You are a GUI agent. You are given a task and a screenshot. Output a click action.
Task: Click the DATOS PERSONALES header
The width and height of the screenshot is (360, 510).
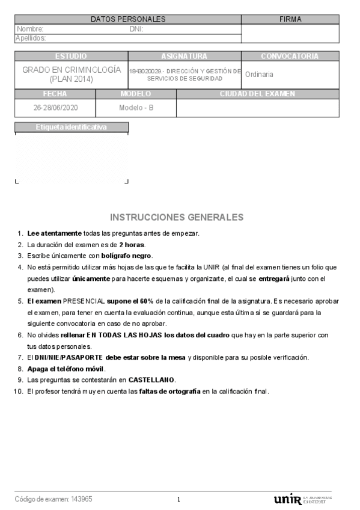click(127, 19)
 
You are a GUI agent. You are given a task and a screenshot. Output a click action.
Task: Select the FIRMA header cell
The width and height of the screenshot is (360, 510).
click(290, 19)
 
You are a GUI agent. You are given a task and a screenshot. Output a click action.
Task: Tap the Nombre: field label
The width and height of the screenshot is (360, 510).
click(30, 29)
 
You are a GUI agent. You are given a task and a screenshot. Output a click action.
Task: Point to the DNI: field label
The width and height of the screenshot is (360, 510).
click(136, 29)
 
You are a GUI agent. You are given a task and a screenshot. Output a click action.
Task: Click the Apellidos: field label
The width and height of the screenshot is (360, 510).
click(32, 38)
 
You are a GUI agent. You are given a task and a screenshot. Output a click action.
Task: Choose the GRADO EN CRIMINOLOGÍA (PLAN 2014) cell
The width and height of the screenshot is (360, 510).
click(72, 74)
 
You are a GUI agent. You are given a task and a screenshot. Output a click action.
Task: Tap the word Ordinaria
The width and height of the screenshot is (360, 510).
click(259, 75)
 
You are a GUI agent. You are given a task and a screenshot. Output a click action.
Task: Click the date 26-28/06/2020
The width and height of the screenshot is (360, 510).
click(55, 108)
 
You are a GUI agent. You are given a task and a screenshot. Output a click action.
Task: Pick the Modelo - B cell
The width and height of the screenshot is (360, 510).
click(136, 108)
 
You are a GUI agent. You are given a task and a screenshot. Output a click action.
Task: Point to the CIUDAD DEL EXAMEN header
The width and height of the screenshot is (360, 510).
click(257, 94)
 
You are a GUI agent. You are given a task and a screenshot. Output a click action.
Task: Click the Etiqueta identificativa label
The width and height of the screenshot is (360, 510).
click(72, 127)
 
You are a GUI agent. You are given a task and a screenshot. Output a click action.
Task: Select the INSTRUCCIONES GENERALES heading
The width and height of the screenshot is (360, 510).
click(177, 217)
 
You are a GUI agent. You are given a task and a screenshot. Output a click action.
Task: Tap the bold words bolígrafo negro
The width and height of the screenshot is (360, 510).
click(126, 255)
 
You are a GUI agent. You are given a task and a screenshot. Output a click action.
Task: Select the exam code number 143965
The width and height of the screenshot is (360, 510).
click(82, 499)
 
